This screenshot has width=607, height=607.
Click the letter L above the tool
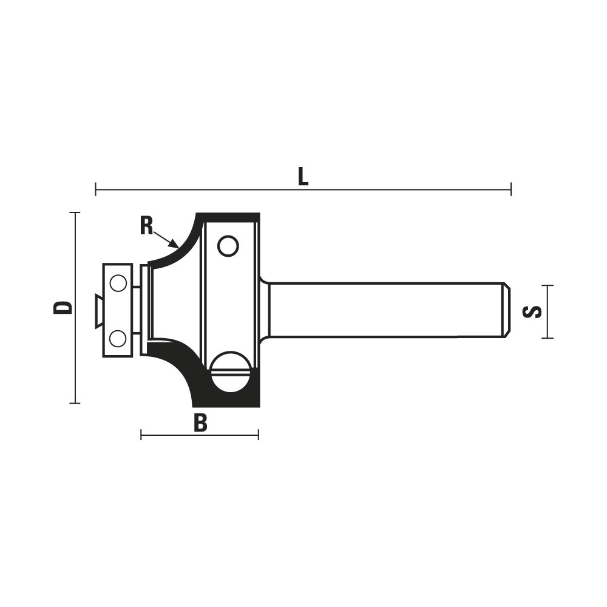(303, 177)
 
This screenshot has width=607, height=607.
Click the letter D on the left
(63, 307)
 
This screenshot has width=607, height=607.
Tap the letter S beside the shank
(532, 311)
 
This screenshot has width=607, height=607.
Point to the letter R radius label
(147, 226)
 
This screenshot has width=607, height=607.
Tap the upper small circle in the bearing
(118, 283)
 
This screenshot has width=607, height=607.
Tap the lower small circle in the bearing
(118, 339)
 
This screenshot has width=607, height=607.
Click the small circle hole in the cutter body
(228, 246)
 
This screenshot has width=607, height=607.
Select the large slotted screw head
(231, 372)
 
